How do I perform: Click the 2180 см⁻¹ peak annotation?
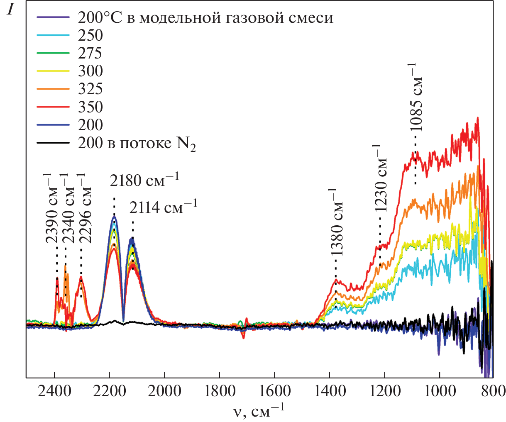pos(144,181)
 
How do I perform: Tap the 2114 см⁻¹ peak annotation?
pos(163,206)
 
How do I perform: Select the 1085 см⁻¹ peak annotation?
pos(416,97)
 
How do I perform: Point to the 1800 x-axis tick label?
pos(219,391)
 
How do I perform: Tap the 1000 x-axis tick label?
pos(439,391)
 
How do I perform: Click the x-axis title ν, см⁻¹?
pos(258,411)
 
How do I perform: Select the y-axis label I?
pos(11,10)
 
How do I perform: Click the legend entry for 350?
pos(90,107)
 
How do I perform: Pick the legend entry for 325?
pos(90,89)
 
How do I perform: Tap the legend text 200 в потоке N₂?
pos(137,143)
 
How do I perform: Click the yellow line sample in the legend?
pos(53,71)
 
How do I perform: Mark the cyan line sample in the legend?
pos(53,35)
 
